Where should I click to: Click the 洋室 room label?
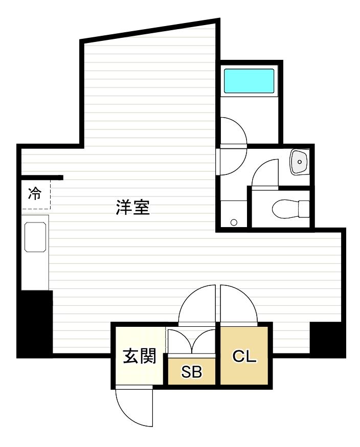(x=132, y=208)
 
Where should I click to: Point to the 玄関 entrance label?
(x=139, y=356)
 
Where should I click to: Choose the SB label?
(x=192, y=372)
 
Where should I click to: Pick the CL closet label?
(x=244, y=356)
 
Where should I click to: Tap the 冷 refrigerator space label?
(x=35, y=194)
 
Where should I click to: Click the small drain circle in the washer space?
(x=234, y=222)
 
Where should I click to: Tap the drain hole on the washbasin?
(x=300, y=163)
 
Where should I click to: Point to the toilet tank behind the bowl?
(x=304, y=208)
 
